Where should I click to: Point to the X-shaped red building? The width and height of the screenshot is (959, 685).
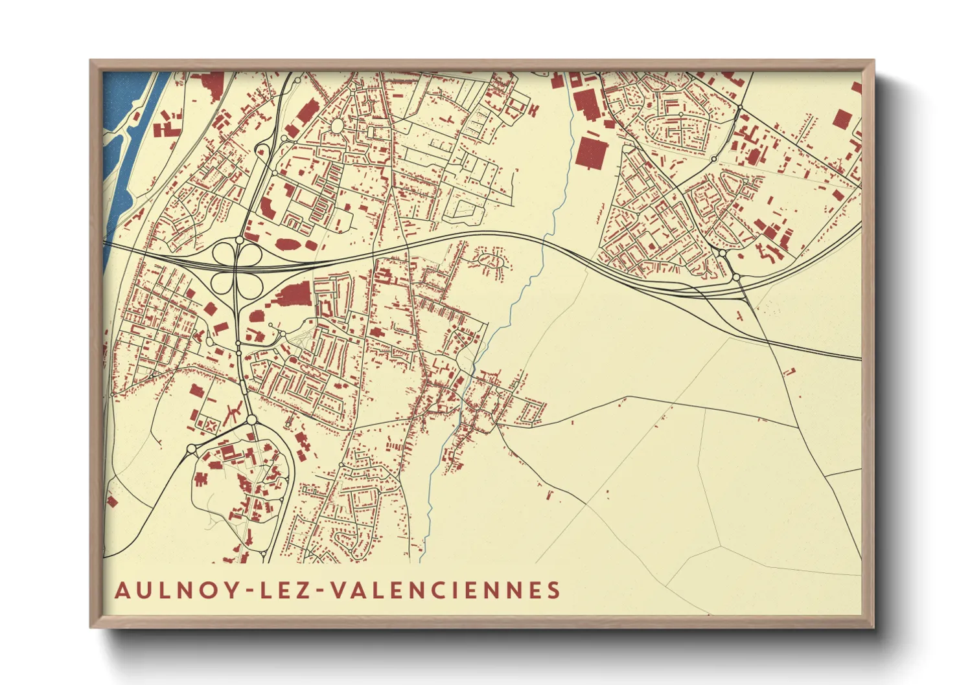click(x=211, y=425)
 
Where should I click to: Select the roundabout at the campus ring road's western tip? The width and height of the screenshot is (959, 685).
click(x=191, y=449)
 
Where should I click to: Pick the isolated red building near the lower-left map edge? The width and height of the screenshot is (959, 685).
click(x=111, y=500)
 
